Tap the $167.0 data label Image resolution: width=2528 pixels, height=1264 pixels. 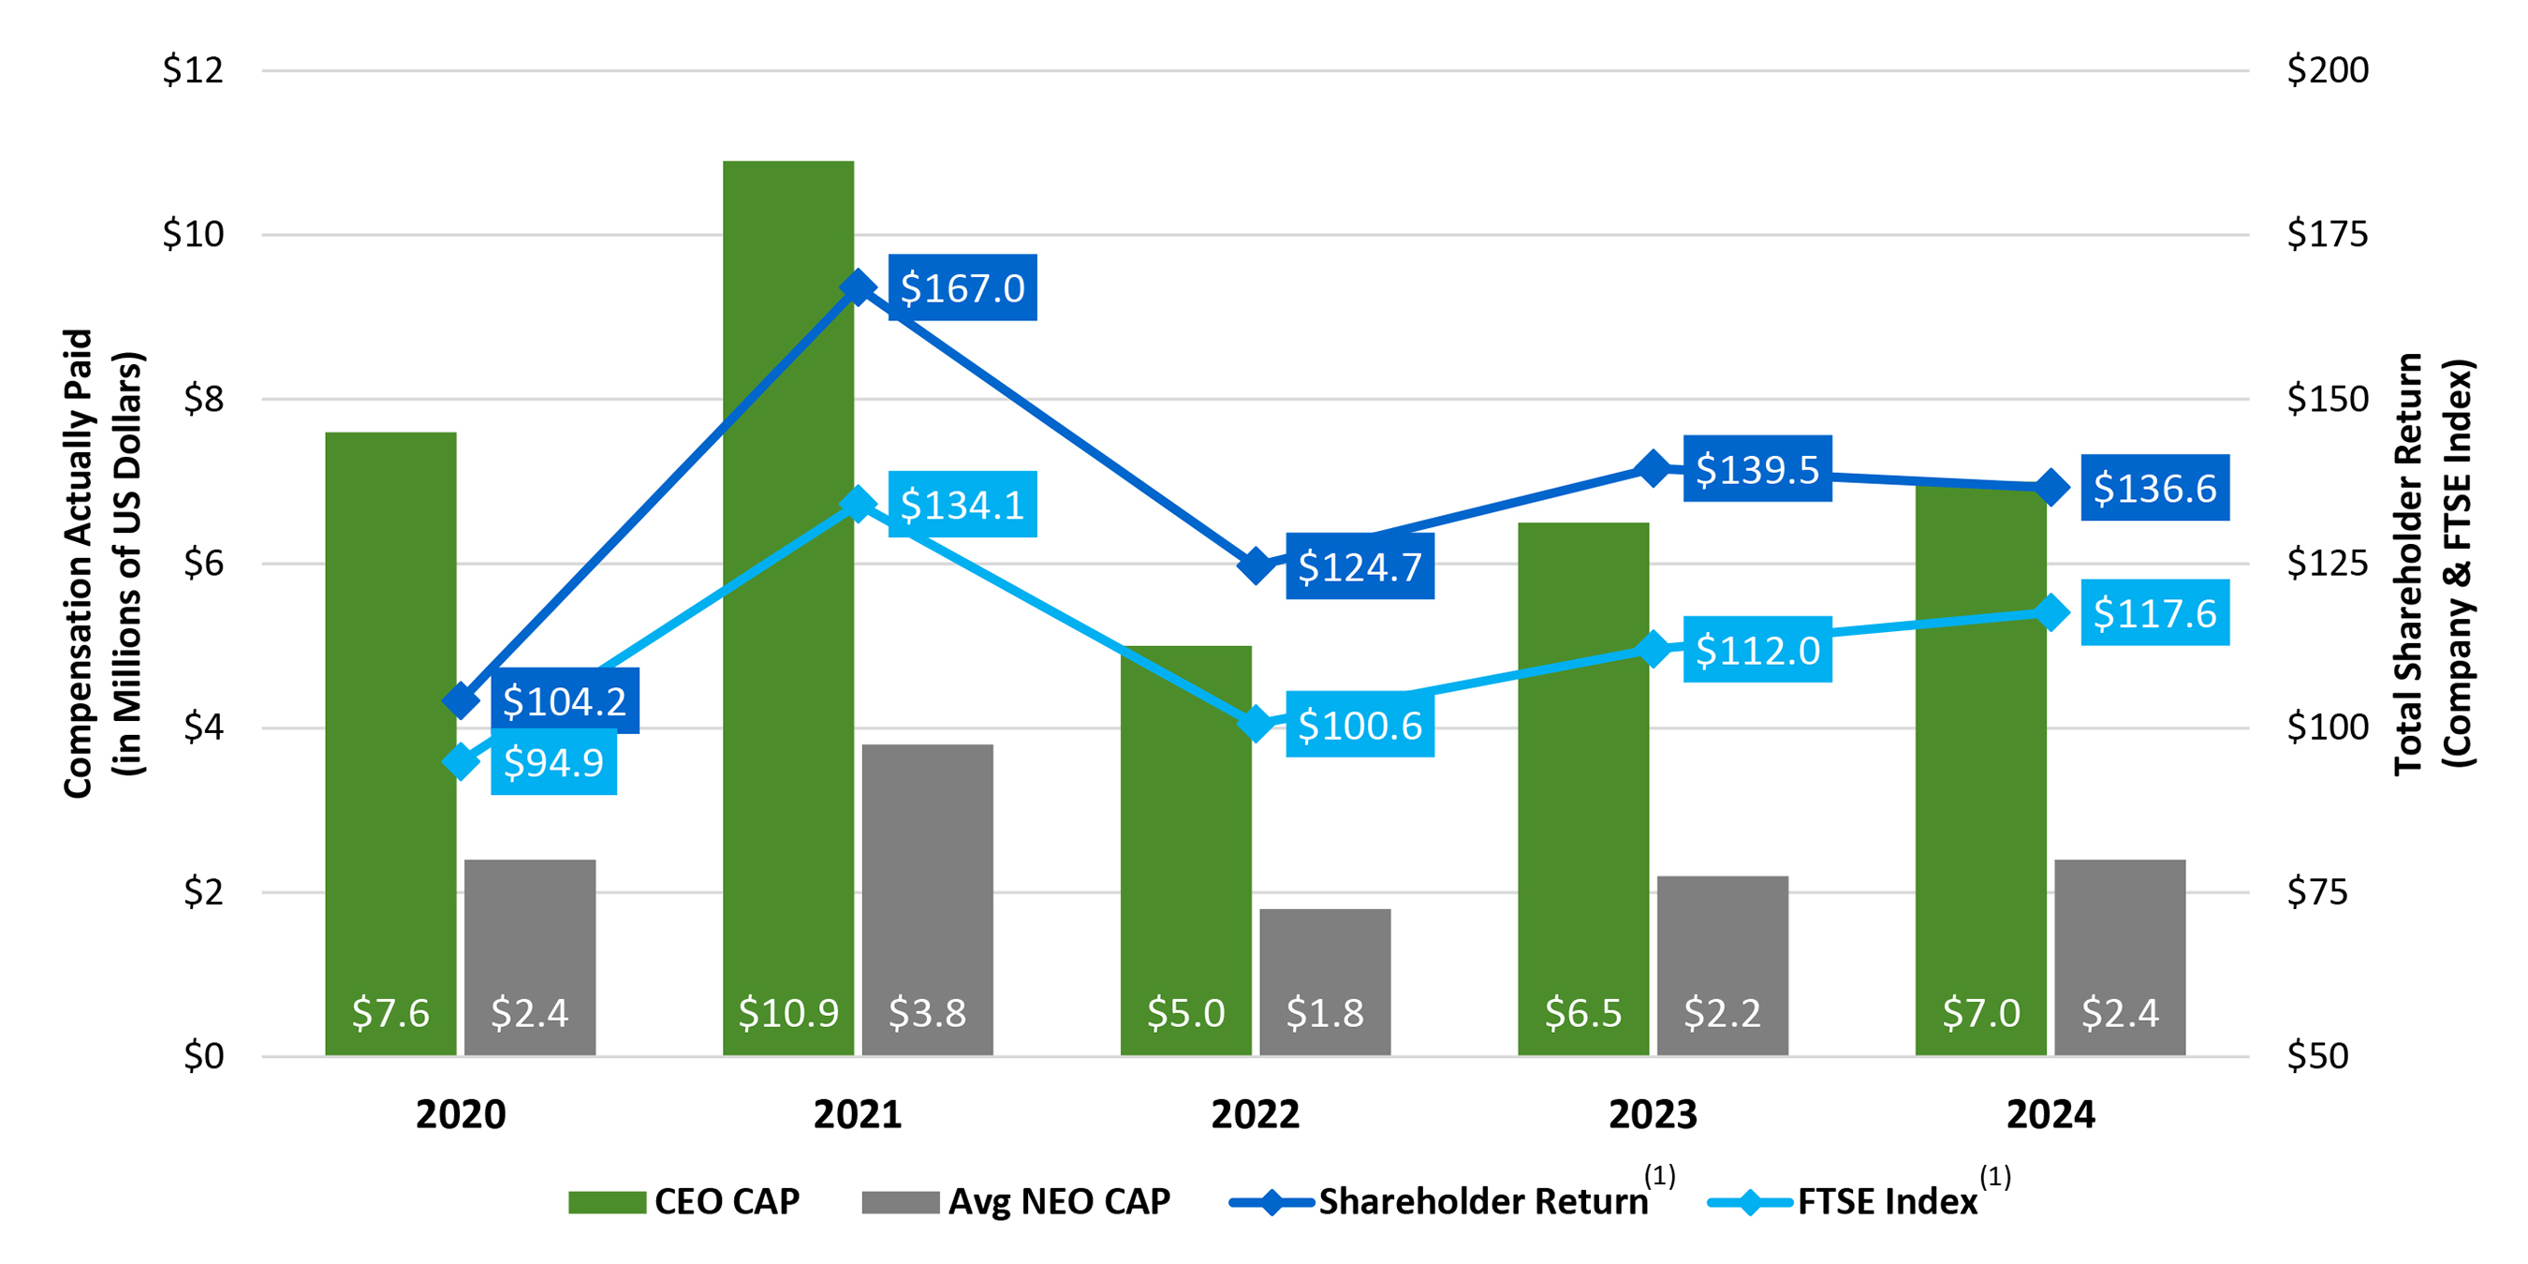coord(962,287)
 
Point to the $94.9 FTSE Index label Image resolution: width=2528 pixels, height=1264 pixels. coord(553,762)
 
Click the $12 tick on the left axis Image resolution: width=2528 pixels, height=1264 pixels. coord(192,69)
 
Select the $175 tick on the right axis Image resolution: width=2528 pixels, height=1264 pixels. coord(2327,235)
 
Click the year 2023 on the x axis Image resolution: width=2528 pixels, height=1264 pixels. coord(1653,1115)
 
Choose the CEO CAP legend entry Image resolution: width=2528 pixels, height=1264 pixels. coord(684,1201)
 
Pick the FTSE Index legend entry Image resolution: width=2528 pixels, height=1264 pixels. coord(1845,1201)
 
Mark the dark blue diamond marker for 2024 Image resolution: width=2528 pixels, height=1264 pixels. coord(2050,488)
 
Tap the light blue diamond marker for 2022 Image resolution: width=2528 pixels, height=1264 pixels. coord(1256,726)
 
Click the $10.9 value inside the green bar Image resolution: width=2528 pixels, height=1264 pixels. coord(788,1013)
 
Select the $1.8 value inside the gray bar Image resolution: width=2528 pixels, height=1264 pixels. coord(1325,1013)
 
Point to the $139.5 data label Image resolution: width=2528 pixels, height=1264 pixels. coord(1756,469)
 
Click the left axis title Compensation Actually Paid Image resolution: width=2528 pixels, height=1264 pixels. coord(79,564)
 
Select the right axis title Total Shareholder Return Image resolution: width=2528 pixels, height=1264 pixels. coord(2409,564)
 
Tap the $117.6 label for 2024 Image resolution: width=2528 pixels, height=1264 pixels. coord(2154,613)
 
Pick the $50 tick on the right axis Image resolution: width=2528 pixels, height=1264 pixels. coord(2317,1056)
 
